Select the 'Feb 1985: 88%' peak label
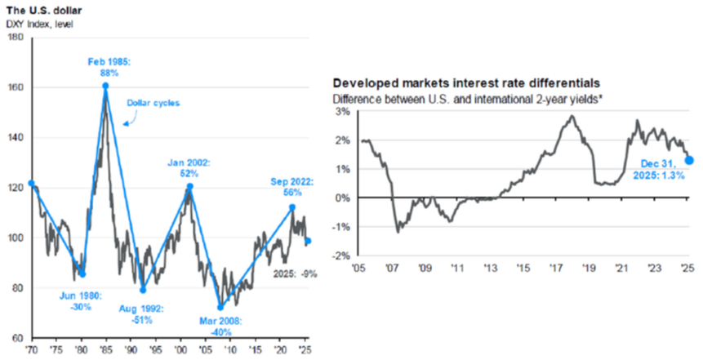[105, 67]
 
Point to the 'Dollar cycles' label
[150, 103]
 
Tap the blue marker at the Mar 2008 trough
[220, 307]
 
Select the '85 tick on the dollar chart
[106, 348]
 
